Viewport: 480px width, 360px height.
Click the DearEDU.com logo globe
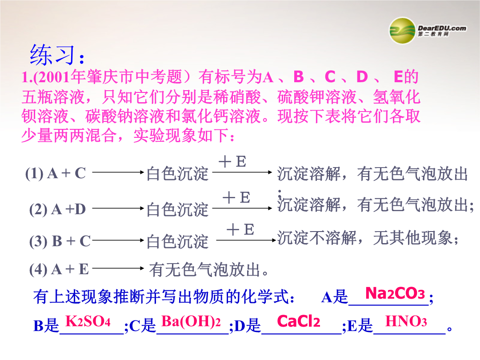(x=403, y=31)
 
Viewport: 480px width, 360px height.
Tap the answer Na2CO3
(x=395, y=293)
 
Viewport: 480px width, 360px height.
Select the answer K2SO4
(x=88, y=321)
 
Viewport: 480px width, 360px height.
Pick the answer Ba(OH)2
(x=191, y=321)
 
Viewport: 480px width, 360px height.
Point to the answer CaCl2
(x=299, y=321)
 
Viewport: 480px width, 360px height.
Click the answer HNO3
(x=406, y=321)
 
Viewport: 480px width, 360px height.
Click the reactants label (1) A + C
(x=56, y=173)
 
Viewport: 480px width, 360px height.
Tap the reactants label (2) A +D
(x=57, y=210)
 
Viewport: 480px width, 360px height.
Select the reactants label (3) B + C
(x=60, y=241)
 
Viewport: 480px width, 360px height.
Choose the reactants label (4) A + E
(x=59, y=270)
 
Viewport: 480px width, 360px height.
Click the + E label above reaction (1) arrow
(x=232, y=161)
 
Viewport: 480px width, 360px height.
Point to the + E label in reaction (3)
(x=240, y=230)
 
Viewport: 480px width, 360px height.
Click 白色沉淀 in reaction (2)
(x=177, y=210)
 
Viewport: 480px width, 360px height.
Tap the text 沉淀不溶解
(x=317, y=238)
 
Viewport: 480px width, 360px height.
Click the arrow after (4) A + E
(x=118, y=268)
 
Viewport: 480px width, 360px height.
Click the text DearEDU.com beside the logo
(x=442, y=28)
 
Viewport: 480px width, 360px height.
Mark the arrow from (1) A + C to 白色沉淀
(x=118, y=172)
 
